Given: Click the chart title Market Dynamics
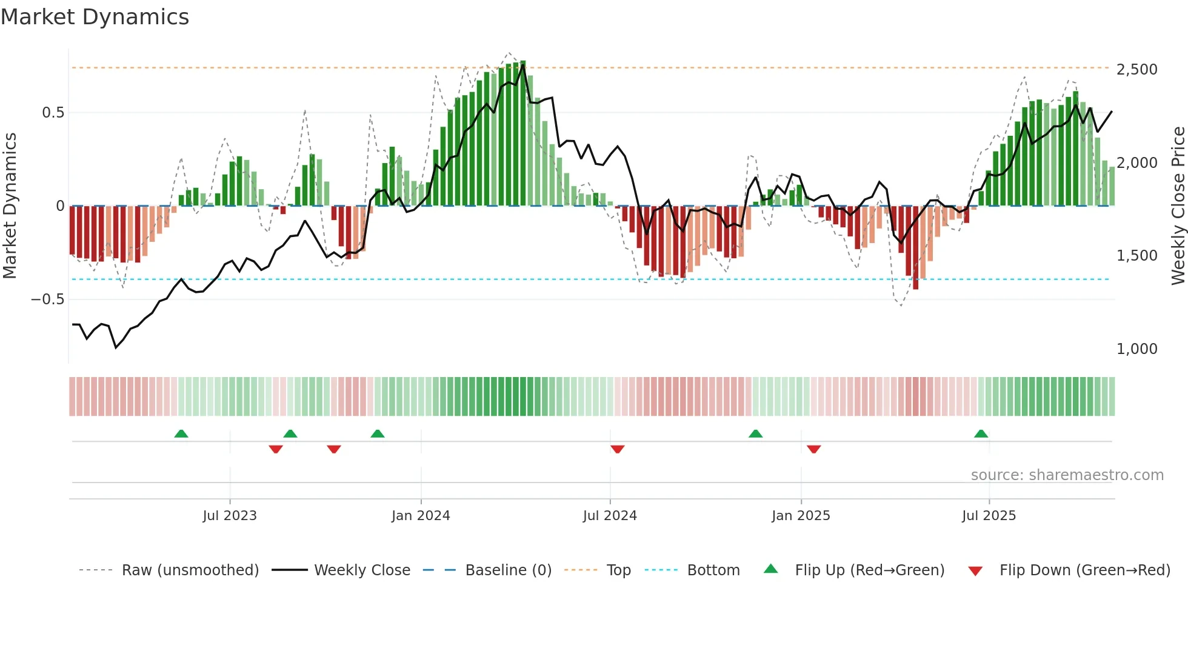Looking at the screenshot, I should [x=95, y=17].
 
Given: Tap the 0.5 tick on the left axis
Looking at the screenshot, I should [x=53, y=113].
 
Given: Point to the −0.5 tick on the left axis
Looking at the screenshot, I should [x=47, y=299].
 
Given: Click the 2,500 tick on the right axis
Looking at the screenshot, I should [x=1136, y=70].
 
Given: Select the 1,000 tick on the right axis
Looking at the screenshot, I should [x=1136, y=349].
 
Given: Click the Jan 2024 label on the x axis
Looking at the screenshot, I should [x=421, y=516].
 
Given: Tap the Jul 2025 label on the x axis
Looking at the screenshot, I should [x=989, y=516].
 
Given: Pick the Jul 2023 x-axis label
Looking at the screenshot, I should [x=230, y=516].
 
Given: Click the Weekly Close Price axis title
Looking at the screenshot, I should [x=1178, y=206].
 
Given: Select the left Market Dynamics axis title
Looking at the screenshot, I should [x=10, y=206].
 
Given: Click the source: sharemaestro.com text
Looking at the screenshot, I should [x=1067, y=475].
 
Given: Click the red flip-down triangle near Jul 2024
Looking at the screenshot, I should [x=617, y=449].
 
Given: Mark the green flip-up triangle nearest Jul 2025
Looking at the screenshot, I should [x=981, y=433].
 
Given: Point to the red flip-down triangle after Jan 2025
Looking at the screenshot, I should [x=813, y=449].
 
